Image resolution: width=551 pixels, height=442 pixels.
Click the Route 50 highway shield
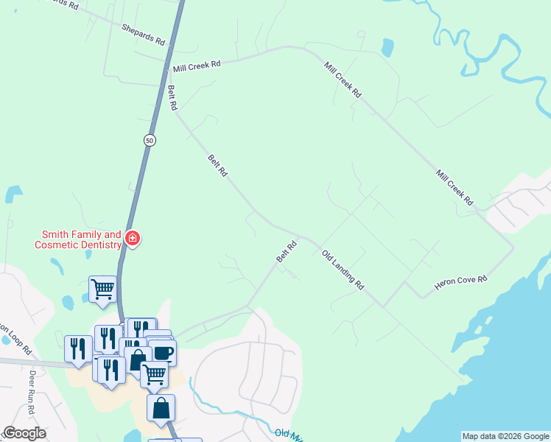pyautogui.click(x=150, y=140)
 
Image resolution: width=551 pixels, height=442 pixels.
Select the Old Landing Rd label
pyautogui.click(x=343, y=269)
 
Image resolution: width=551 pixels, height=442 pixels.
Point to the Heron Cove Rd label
pyautogui.click(x=460, y=282)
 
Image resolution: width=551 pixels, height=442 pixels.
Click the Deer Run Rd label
pyautogui.click(x=32, y=383)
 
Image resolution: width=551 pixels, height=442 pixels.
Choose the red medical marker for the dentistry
pyautogui.click(x=133, y=238)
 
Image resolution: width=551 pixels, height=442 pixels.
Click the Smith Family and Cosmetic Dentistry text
pyautogui.click(x=80, y=239)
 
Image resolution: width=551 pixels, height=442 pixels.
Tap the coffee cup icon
pyautogui.click(x=163, y=352)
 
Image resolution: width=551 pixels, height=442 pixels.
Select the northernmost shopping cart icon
pyautogui.click(x=102, y=289)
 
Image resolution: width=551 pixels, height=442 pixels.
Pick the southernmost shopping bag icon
pyautogui.click(x=161, y=407)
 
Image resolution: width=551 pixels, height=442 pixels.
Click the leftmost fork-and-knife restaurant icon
pyautogui.click(x=78, y=348)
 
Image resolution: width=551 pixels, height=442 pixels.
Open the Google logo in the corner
pyautogui.click(x=25, y=433)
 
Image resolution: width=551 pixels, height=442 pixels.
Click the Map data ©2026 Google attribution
pyautogui.click(x=505, y=436)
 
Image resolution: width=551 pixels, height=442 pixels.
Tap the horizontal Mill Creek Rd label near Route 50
pyautogui.click(x=197, y=66)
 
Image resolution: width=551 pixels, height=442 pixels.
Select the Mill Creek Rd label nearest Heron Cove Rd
pyautogui.click(x=454, y=187)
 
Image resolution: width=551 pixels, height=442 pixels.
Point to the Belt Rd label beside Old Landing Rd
pyautogui.click(x=287, y=251)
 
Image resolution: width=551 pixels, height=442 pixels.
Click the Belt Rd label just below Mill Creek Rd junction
pyautogui.click(x=172, y=98)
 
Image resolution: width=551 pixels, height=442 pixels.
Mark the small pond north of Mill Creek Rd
pyautogui.click(x=387, y=48)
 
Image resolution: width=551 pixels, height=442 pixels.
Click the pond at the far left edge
pyautogui.click(x=13, y=194)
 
